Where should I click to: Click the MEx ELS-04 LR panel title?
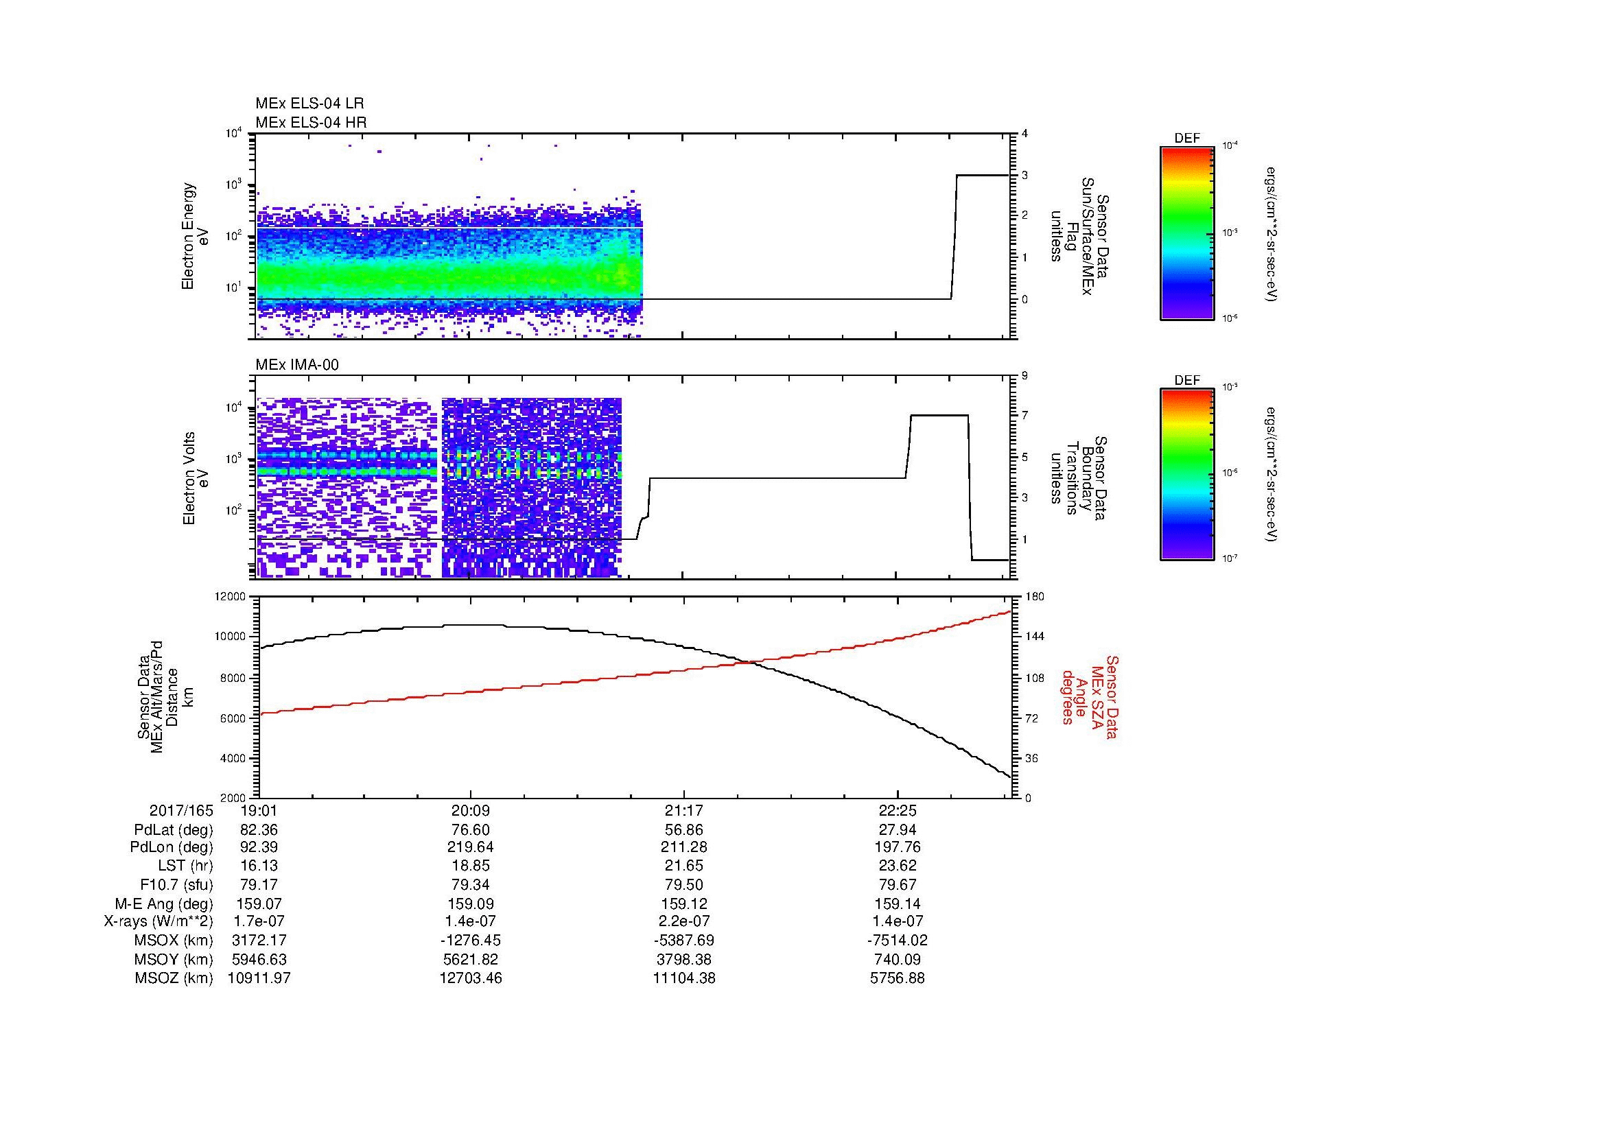pyautogui.click(x=309, y=104)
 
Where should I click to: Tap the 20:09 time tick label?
pyautogui.click(x=471, y=811)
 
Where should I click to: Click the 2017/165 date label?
pyautogui.click(x=181, y=811)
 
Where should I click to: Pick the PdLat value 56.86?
pyautogui.click(x=683, y=830)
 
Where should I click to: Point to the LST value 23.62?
pyautogui.click(x=897, y=866)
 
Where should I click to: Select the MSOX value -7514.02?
pyautogui.click(x=897, y=941)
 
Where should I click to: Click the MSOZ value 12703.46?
pyautogui.click(x=471, y=978)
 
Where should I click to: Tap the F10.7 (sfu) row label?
pyautogui.click(x=176, y=885)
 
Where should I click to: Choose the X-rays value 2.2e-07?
pyautogui.click(x=683, y=922)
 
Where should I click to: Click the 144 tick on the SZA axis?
pyautogui.click(x=1035, y=637)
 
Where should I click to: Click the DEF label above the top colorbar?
pyautogui.click(x=1186, y=139)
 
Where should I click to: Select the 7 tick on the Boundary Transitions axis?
pyautogui.click(x=1025, y=416)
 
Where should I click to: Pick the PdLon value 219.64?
pyautogui.click(x=471, y=848)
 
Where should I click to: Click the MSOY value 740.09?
pyautogui.click(x=897, y=959)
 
